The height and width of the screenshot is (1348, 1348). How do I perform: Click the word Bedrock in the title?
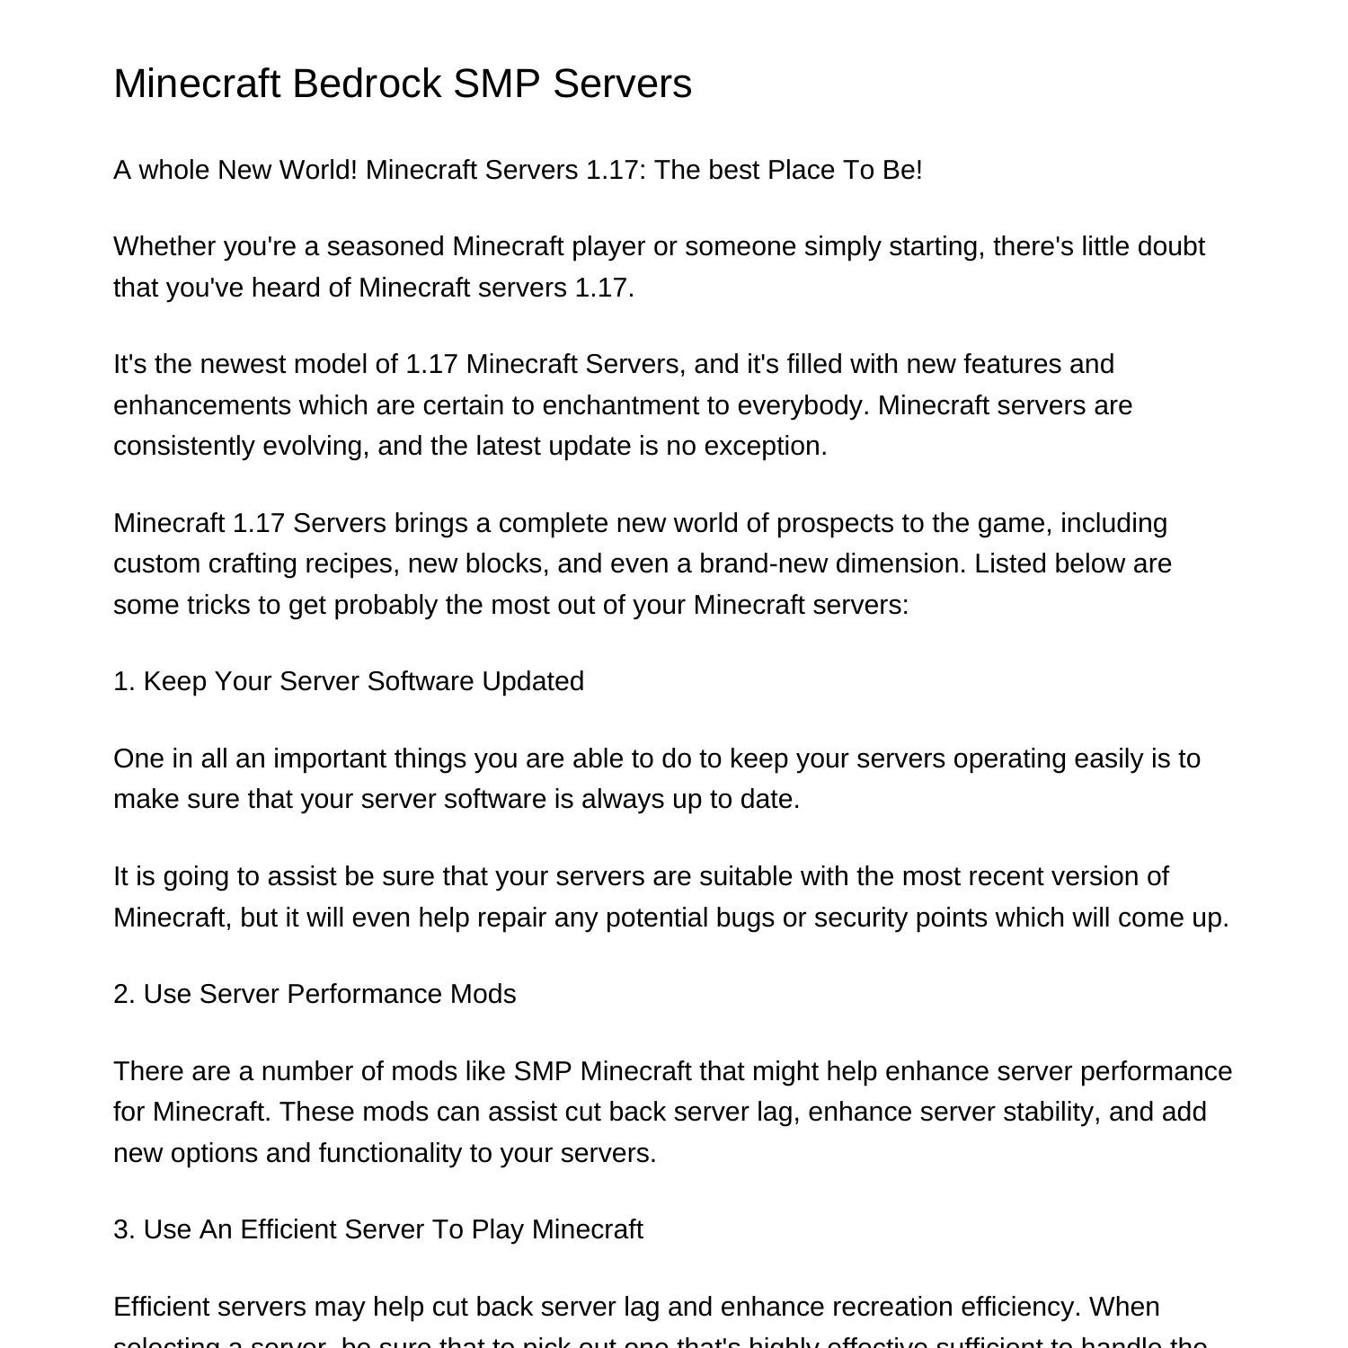click(367, 84)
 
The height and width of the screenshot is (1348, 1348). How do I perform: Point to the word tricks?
click(218, 605)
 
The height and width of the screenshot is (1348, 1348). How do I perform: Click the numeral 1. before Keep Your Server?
click(124, 681)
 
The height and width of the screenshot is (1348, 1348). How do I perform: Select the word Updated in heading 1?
click(533, 681)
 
